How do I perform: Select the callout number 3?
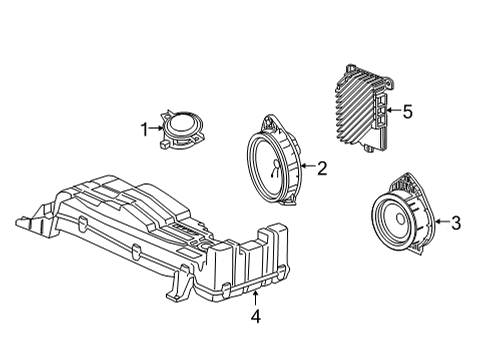coord(455,223)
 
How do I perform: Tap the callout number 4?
coord(255,319)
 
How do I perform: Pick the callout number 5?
coord(407,112)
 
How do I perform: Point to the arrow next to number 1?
coord(155,127)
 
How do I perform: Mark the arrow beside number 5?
coord(390,112)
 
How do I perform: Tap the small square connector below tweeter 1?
coord(161,144)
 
